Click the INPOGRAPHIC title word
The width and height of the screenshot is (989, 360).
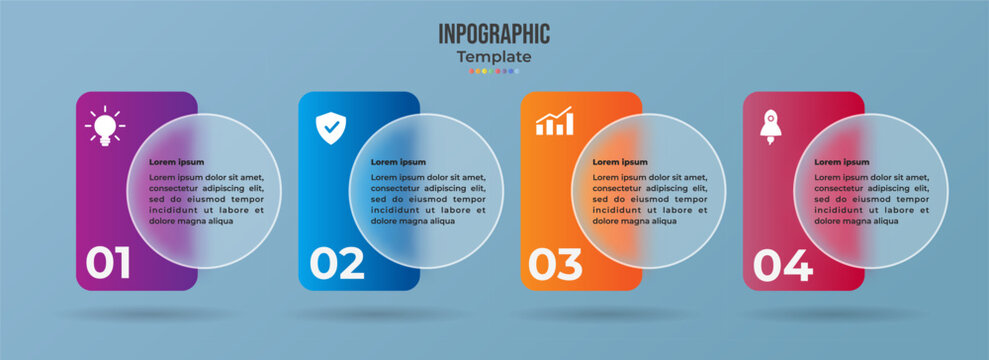[494, 33]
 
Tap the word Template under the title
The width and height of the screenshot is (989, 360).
[494, 57]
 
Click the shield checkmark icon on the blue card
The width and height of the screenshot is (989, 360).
[331, 127]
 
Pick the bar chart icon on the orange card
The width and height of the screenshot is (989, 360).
[554, 122]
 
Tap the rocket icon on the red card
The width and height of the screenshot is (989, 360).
[770, 127]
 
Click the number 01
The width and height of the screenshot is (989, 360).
[108, 264]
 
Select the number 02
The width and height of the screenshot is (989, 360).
[337, 264]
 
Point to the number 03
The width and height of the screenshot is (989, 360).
[555, 264]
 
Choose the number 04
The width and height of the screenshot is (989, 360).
[782, 264]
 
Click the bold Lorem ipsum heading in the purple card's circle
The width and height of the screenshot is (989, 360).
[176, 162]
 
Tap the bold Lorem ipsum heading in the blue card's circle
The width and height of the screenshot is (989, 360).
[398, 162]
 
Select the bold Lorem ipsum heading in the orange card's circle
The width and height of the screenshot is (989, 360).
[620, 162]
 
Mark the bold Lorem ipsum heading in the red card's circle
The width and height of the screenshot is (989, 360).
[842, 162]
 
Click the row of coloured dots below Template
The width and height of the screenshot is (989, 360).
[494, 71]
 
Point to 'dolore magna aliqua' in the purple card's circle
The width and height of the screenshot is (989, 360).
[191, 221]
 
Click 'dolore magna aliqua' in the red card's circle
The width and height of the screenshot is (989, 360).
[857, 221]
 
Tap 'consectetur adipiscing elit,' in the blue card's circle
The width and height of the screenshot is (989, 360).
[428, 188]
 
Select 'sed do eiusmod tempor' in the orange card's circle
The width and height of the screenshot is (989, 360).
[650, 199]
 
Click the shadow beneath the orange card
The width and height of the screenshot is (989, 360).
[581, 313]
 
